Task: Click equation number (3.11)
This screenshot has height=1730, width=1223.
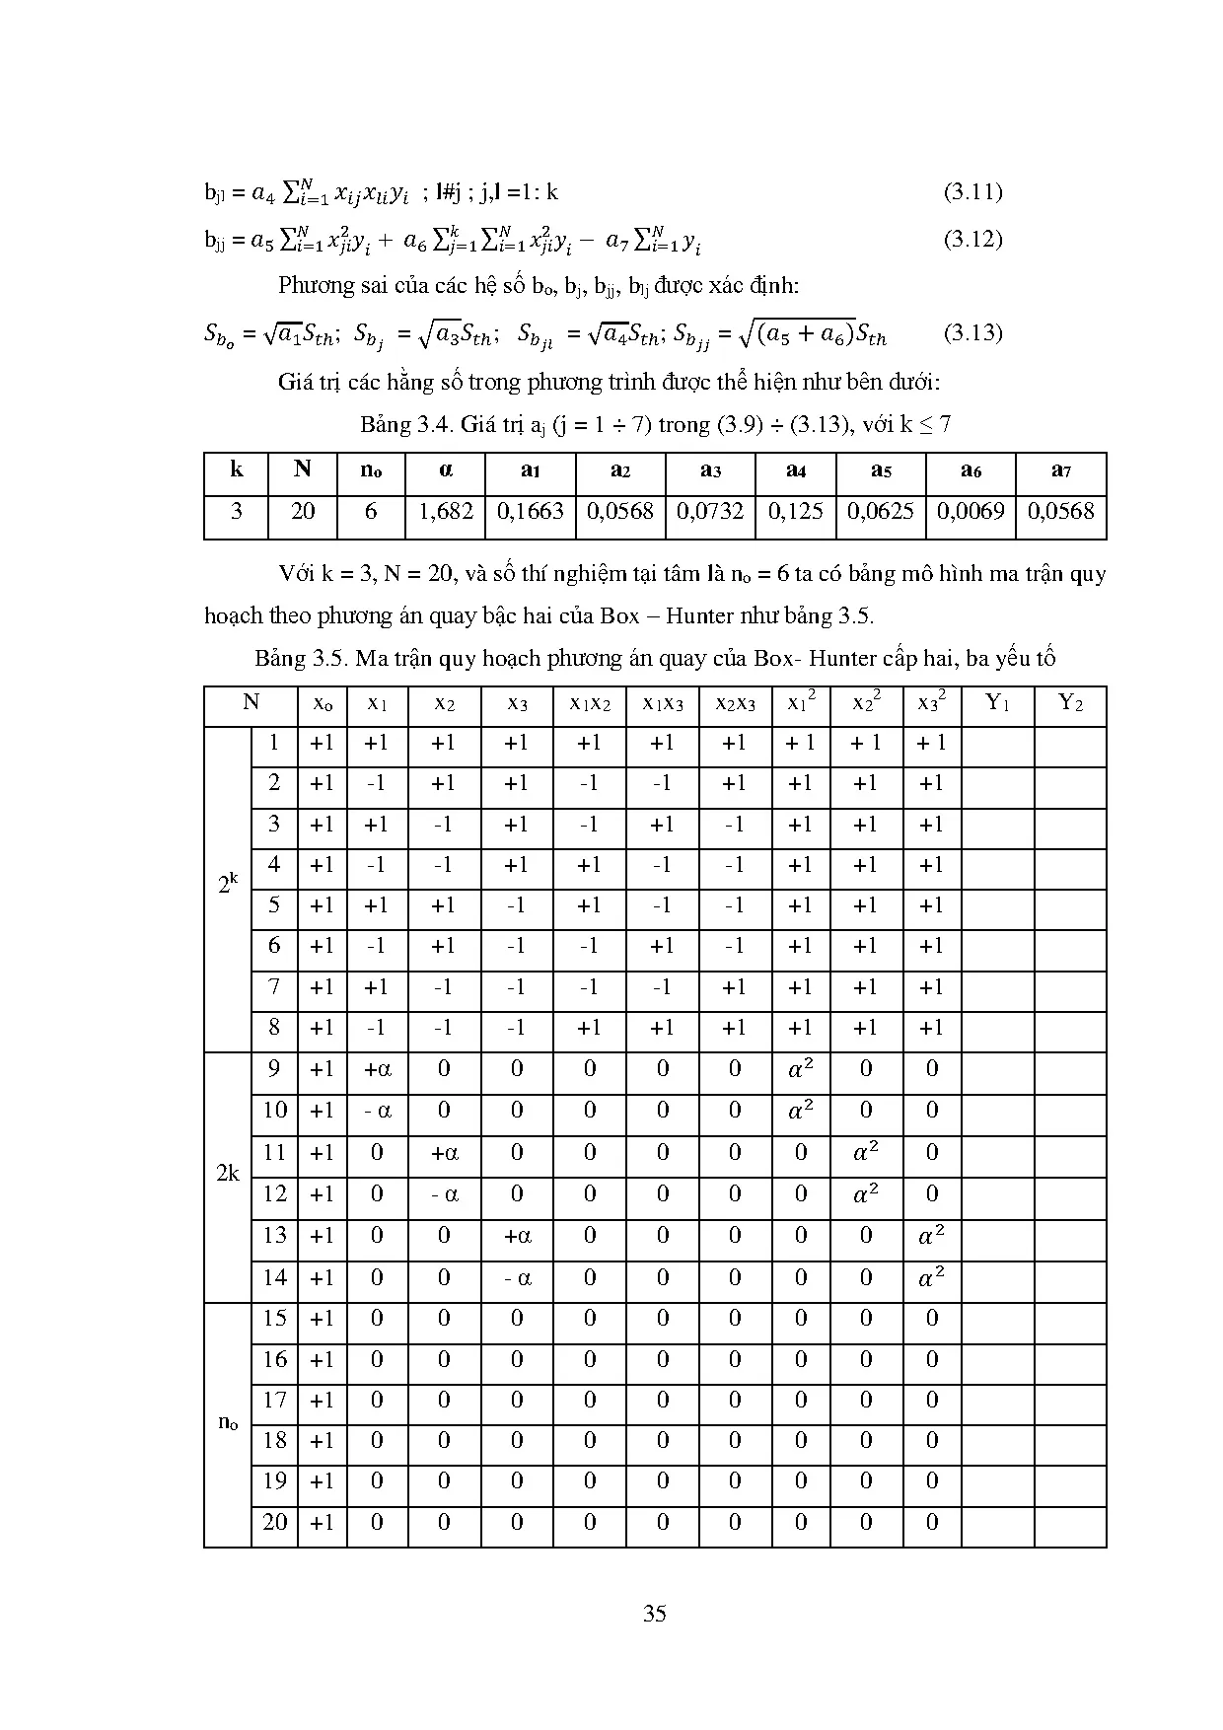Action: (972, 191)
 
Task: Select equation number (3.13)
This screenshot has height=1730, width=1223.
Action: (972, 332)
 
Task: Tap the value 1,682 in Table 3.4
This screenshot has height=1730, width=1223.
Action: (446, 511)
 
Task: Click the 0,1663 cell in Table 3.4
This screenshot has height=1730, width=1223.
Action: (531, 511)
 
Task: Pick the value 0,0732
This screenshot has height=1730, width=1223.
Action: (710, 511)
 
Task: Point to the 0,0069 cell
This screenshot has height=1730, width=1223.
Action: (971, 511)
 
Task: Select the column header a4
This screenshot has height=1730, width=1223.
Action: (796, 470)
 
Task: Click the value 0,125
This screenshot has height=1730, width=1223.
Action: (796, 511)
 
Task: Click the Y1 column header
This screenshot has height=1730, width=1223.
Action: (997, 703)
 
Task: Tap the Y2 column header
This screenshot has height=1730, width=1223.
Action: (1070, 703)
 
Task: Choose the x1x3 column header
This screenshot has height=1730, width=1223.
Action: (662, 704)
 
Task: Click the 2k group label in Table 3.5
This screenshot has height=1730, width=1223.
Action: (228, 1174)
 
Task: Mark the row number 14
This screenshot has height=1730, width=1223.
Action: (274, 1277)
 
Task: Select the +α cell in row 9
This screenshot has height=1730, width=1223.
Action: (377, 1069)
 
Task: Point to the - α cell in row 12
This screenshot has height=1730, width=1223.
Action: (444, 1194)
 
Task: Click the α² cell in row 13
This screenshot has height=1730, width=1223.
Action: (931, 1236)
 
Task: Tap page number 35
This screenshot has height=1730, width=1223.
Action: (654, 1614)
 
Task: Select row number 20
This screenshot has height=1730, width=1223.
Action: (274, 1522)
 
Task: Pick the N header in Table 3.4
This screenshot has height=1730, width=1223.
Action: (302, 469)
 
